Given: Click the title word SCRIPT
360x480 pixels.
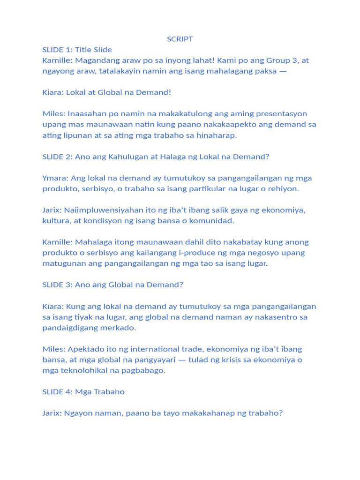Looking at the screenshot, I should pos(180,39).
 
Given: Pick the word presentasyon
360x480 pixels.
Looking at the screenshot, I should pos(283,114).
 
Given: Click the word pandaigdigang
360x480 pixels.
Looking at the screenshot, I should pos(71,328).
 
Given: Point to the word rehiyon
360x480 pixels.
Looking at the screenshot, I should pos(284,188).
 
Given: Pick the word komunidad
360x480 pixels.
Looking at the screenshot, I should pos(212,221).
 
